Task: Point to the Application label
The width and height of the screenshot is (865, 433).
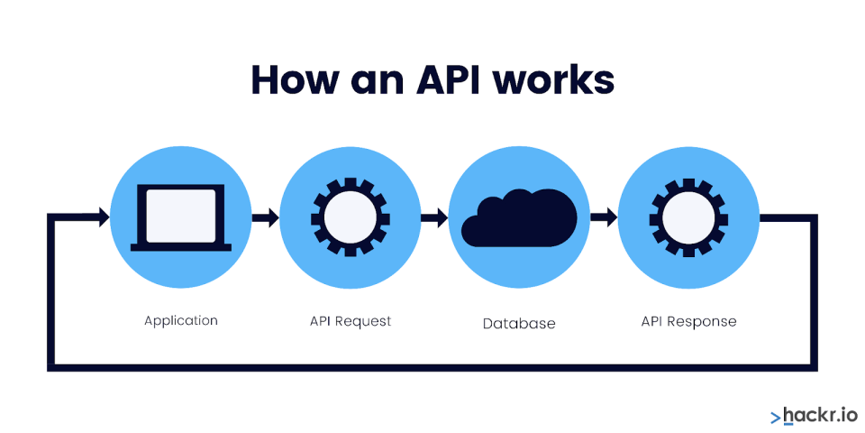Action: [181, 321]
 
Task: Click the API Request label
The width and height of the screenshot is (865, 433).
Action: [351, 321]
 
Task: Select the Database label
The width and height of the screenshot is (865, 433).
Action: [519, 324]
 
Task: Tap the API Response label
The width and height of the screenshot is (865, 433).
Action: [688, 321]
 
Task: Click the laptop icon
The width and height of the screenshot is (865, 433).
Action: [181, 217]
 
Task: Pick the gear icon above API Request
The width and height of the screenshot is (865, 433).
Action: [351, 217]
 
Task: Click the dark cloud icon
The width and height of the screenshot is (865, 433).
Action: [519, 217]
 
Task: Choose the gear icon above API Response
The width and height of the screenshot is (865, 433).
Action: [688, 217]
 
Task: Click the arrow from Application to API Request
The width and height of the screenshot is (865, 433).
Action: [265, 217]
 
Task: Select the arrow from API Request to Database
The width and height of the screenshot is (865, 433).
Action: [434, 217]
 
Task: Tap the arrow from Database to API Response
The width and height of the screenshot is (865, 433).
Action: [604, 217]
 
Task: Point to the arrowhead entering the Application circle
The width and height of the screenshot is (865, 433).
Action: [105, 217]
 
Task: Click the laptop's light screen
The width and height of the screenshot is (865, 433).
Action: [181, 216]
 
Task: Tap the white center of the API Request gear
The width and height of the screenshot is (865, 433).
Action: [351, 217]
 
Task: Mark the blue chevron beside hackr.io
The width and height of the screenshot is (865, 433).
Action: [776, 417]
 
